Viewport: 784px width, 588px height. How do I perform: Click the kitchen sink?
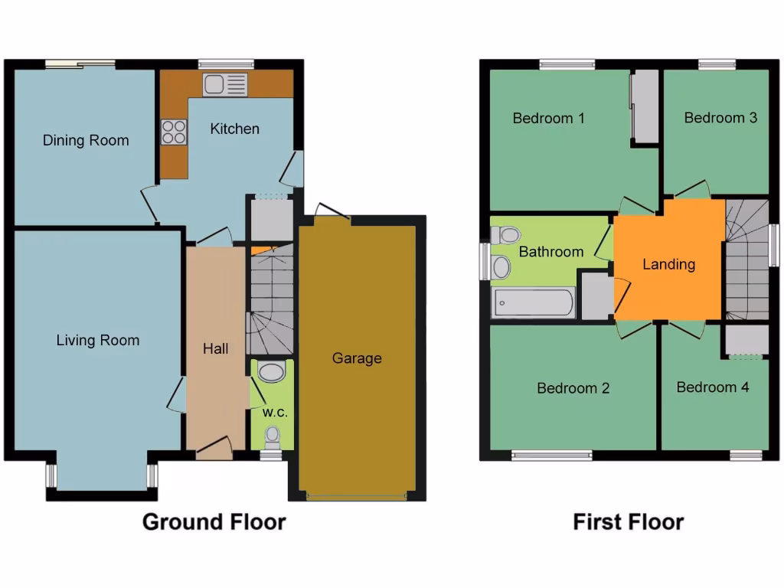[225, 85]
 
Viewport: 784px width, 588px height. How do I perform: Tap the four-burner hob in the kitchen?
[174, 132]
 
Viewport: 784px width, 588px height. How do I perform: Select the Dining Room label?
[86, 140]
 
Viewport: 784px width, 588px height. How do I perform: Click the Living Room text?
[98, 341]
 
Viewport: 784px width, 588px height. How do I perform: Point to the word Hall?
[216, 349]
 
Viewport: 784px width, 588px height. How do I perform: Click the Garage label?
[357, 358]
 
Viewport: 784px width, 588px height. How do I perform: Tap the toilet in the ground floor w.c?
[272, 437]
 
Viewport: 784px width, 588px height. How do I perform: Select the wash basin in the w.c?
[270, 373]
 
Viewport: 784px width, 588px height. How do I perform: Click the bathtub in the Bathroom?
[533, 303]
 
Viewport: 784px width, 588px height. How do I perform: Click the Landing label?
[668, 264]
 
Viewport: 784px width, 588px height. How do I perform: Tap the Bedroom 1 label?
[548, 118]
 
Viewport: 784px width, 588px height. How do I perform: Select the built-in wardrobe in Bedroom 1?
[645, 106]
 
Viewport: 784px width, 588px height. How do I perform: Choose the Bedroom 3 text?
[720, 117]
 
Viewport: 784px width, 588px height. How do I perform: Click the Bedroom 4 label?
[712, 387]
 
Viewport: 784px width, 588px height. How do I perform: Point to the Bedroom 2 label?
[573, 388]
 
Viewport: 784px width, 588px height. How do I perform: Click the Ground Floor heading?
[214, 522]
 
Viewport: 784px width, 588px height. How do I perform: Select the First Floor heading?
[628, 522]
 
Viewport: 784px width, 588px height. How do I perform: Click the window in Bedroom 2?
[551, 456]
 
